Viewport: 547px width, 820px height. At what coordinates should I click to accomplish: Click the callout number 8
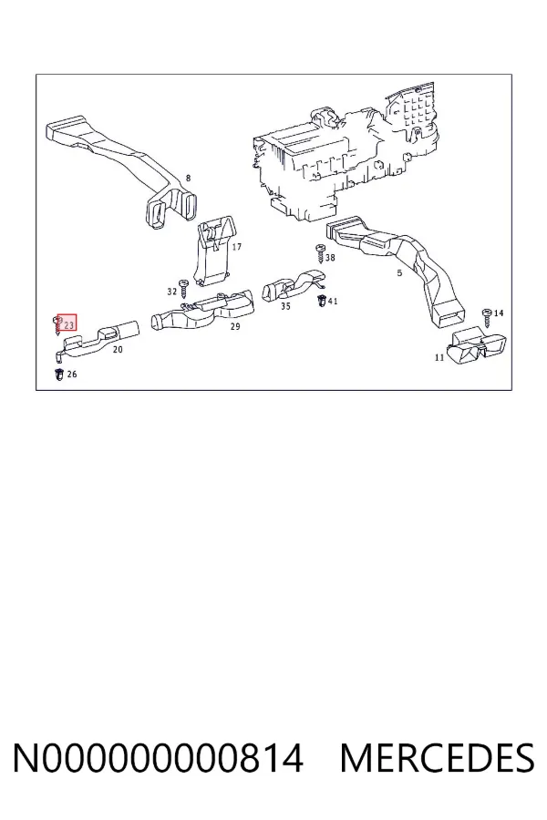[188, 179]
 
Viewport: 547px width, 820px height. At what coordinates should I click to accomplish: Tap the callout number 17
[237, 247]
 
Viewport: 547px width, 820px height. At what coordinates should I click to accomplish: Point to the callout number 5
[399, 273]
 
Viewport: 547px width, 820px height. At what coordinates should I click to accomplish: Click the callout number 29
[235, 327]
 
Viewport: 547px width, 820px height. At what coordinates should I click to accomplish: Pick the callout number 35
[285, 306]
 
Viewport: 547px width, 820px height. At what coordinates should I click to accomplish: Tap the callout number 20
[118, 349]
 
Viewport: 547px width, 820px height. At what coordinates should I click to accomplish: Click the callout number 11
[439, 358]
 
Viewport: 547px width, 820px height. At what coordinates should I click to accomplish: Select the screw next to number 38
[320, 253]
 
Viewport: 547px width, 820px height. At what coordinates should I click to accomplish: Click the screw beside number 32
[184, 289]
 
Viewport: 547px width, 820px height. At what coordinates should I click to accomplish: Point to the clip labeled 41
[321, 301]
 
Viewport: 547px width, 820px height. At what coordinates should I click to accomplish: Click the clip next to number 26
[59, 374]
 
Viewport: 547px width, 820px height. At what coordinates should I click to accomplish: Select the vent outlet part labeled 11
[477, 345]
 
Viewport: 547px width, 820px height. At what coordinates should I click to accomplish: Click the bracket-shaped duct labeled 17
[214, 251]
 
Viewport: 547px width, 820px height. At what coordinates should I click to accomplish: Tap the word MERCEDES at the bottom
[437, 757]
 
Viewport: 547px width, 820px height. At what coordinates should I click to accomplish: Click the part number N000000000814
[158, 757]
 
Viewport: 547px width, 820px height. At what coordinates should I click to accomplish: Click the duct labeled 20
[97, 340]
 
